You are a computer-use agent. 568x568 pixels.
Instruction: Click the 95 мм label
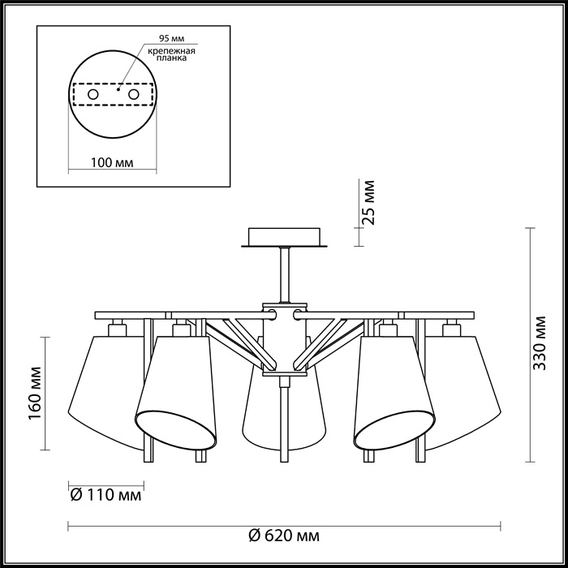[172, 38]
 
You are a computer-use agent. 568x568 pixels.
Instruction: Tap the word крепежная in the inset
[171, 50]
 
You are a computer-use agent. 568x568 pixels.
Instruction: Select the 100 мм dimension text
[112, 162]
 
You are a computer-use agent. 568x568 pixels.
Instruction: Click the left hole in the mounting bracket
[93, 95]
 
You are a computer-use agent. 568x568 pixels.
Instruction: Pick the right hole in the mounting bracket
[133, 95]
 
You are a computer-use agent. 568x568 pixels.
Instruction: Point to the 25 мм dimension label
[368, 203]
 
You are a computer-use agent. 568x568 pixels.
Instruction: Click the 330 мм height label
[540, 343]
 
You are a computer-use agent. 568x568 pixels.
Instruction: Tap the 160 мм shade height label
[35, 394]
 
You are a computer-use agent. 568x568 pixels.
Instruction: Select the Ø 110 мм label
[106, 495]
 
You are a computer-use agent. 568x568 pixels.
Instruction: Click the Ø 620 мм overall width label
[284, 536]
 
